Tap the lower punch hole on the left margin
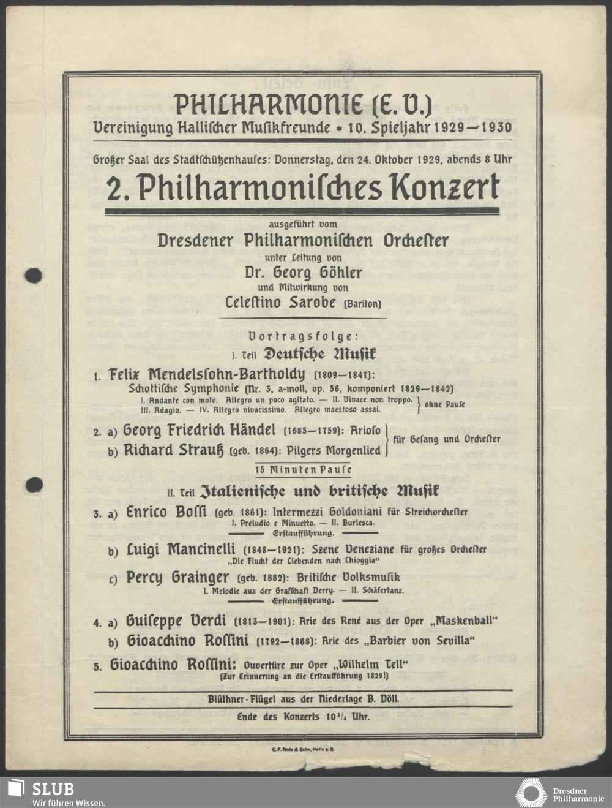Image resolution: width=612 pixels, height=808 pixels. (35, 484)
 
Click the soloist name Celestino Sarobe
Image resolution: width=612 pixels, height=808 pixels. (281, 303)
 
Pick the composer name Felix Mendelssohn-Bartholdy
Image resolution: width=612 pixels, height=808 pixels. (206, 374)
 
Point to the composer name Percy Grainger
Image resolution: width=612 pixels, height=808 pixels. (177, 577)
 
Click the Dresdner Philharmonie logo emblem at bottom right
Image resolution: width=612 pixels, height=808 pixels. (531, 793)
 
